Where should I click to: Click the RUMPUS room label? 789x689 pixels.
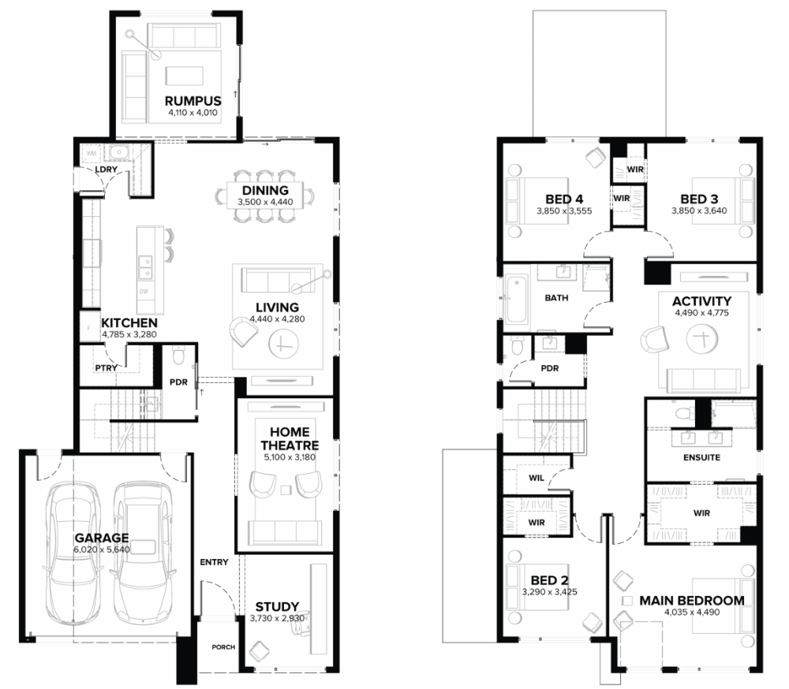pos(193,101)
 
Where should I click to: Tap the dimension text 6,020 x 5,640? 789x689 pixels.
pos(102,549)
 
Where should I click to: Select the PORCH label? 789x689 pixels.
pos(223,646)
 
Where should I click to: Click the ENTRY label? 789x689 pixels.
pos(214,562)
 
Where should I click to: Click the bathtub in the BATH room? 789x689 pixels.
pos(516,298)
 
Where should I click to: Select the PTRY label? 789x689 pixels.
pos(106,368)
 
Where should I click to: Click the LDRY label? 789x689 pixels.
pos(106,169)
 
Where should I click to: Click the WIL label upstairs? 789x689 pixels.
pos(537,478)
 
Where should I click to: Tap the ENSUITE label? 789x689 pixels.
pos(701,457)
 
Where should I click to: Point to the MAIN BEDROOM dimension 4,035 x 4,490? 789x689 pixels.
pos(692,612)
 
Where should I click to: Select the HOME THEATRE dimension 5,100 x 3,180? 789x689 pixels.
pos(290,457)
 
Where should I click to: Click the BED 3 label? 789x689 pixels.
pos(699,199)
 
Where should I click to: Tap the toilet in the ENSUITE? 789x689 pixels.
pos(684,413)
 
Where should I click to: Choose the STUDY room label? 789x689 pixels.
pos(277,606)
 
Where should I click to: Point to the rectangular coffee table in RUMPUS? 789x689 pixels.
pos(184,76)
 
